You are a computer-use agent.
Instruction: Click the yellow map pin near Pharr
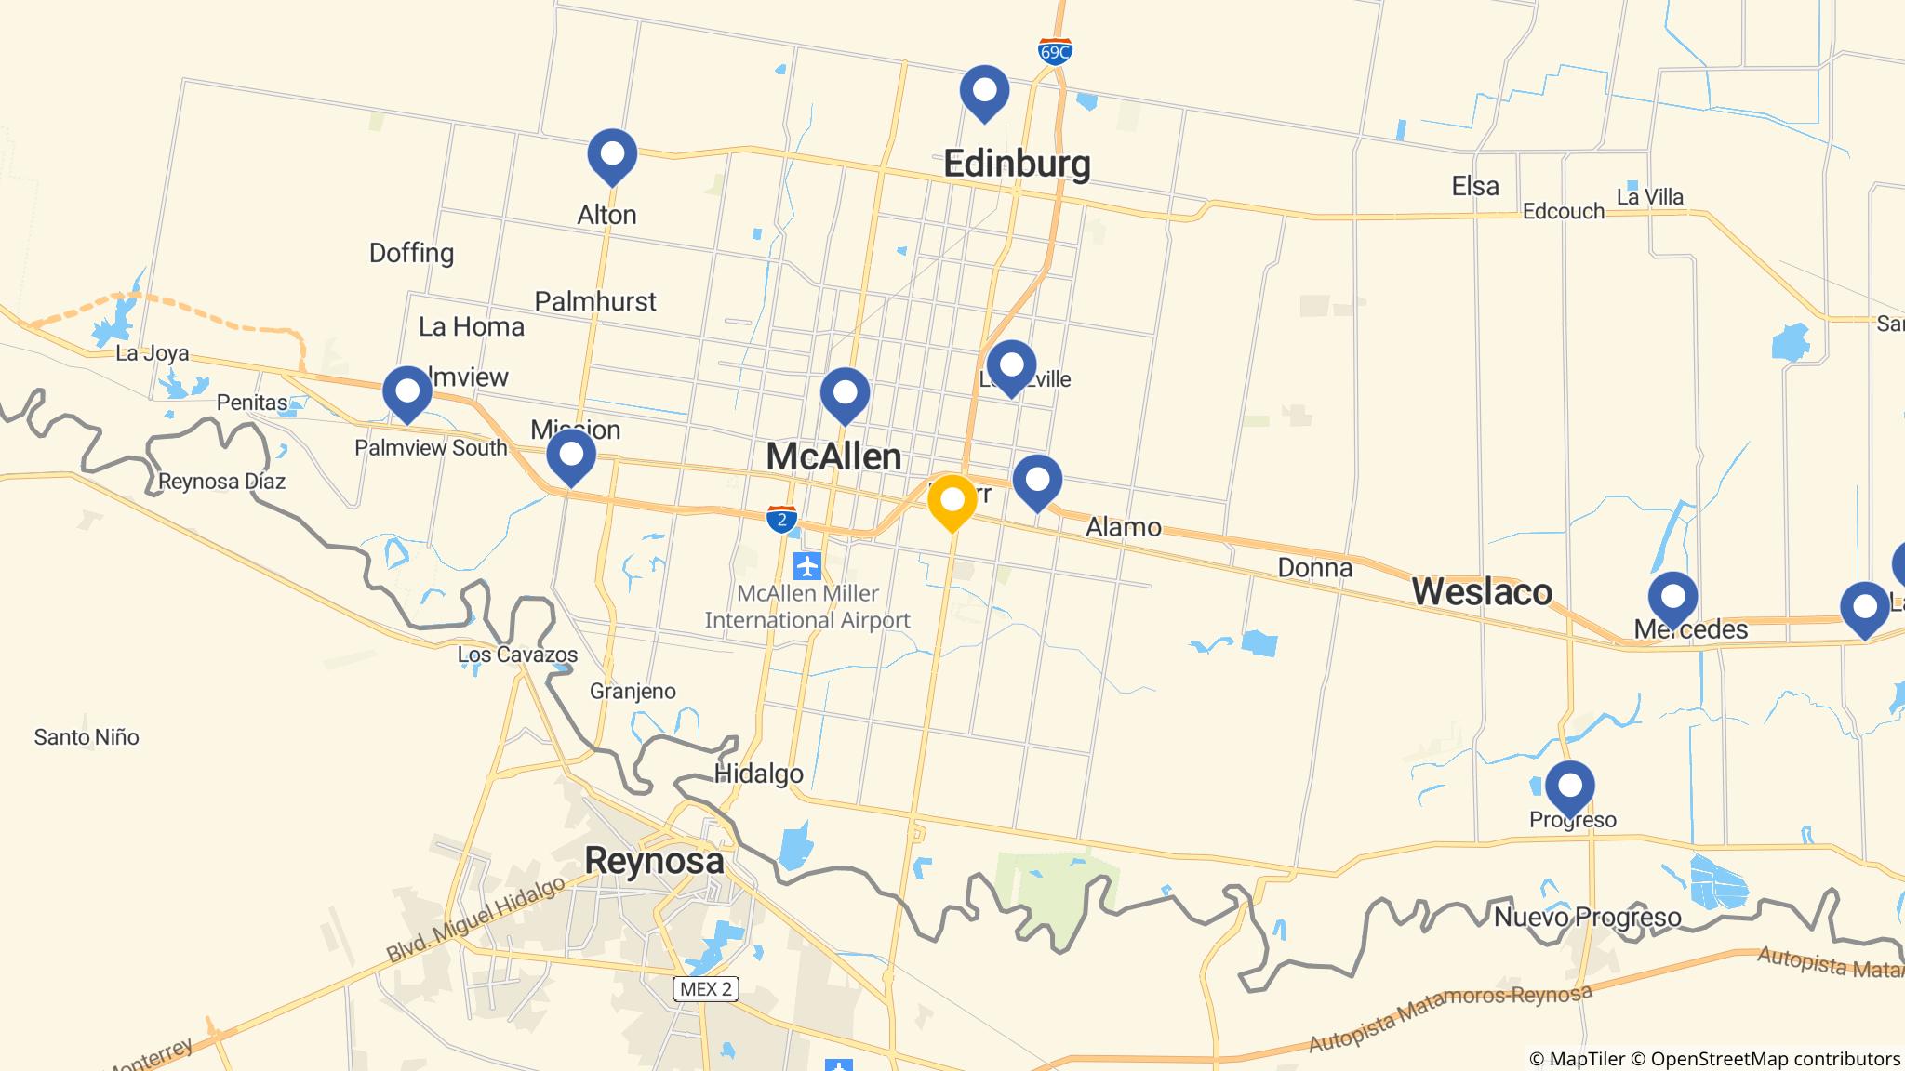[952, 501]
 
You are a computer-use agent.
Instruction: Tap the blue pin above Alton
[612, 154]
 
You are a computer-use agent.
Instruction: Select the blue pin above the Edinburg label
[984, 91]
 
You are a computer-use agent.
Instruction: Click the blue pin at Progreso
[1570, 787]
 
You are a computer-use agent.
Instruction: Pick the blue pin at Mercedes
[1672, 598]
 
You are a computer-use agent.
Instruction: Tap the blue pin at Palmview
[407, 392]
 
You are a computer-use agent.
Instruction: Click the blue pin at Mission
[571, 456]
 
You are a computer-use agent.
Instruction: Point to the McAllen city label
[833, 456]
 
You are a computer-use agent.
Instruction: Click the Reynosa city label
[654, 860]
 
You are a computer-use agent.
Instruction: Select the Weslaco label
[1482, 592]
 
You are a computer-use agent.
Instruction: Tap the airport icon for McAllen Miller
[807, 564]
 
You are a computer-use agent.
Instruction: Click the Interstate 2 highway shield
[781, 519]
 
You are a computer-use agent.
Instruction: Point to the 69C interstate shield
[1055, 52]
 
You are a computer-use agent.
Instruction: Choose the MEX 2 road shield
[706, 989]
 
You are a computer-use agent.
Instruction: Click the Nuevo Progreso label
[1587, 918]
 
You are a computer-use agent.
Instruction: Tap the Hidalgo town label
[758, 773]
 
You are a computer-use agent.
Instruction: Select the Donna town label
[1314, 567]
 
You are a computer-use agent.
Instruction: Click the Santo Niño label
[87, 737]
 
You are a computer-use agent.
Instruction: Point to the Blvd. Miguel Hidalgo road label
[475, 919]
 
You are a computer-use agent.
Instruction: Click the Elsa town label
[1475, 186]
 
